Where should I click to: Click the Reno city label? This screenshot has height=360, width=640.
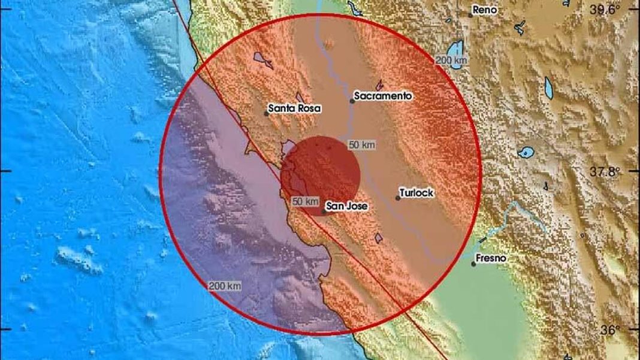point(486,10)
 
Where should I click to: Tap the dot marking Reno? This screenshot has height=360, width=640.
point(472,14)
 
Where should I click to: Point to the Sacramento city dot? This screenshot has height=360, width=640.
point(352,101)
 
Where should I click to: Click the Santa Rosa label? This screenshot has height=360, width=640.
point(294,108)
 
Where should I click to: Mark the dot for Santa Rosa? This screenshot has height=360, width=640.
point(267,113)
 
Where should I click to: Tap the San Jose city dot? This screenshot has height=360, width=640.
point(324,211)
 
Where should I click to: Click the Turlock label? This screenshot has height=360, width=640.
point(417,193)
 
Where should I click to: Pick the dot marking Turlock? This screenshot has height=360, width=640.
point(398,198)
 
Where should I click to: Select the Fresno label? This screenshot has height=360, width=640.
point(491,258)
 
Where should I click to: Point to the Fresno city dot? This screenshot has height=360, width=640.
point(473,264)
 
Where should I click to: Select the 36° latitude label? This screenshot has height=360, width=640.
point(610,329)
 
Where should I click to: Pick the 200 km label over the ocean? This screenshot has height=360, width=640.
point(225,286)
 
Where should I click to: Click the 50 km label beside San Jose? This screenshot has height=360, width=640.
point(305,202)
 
